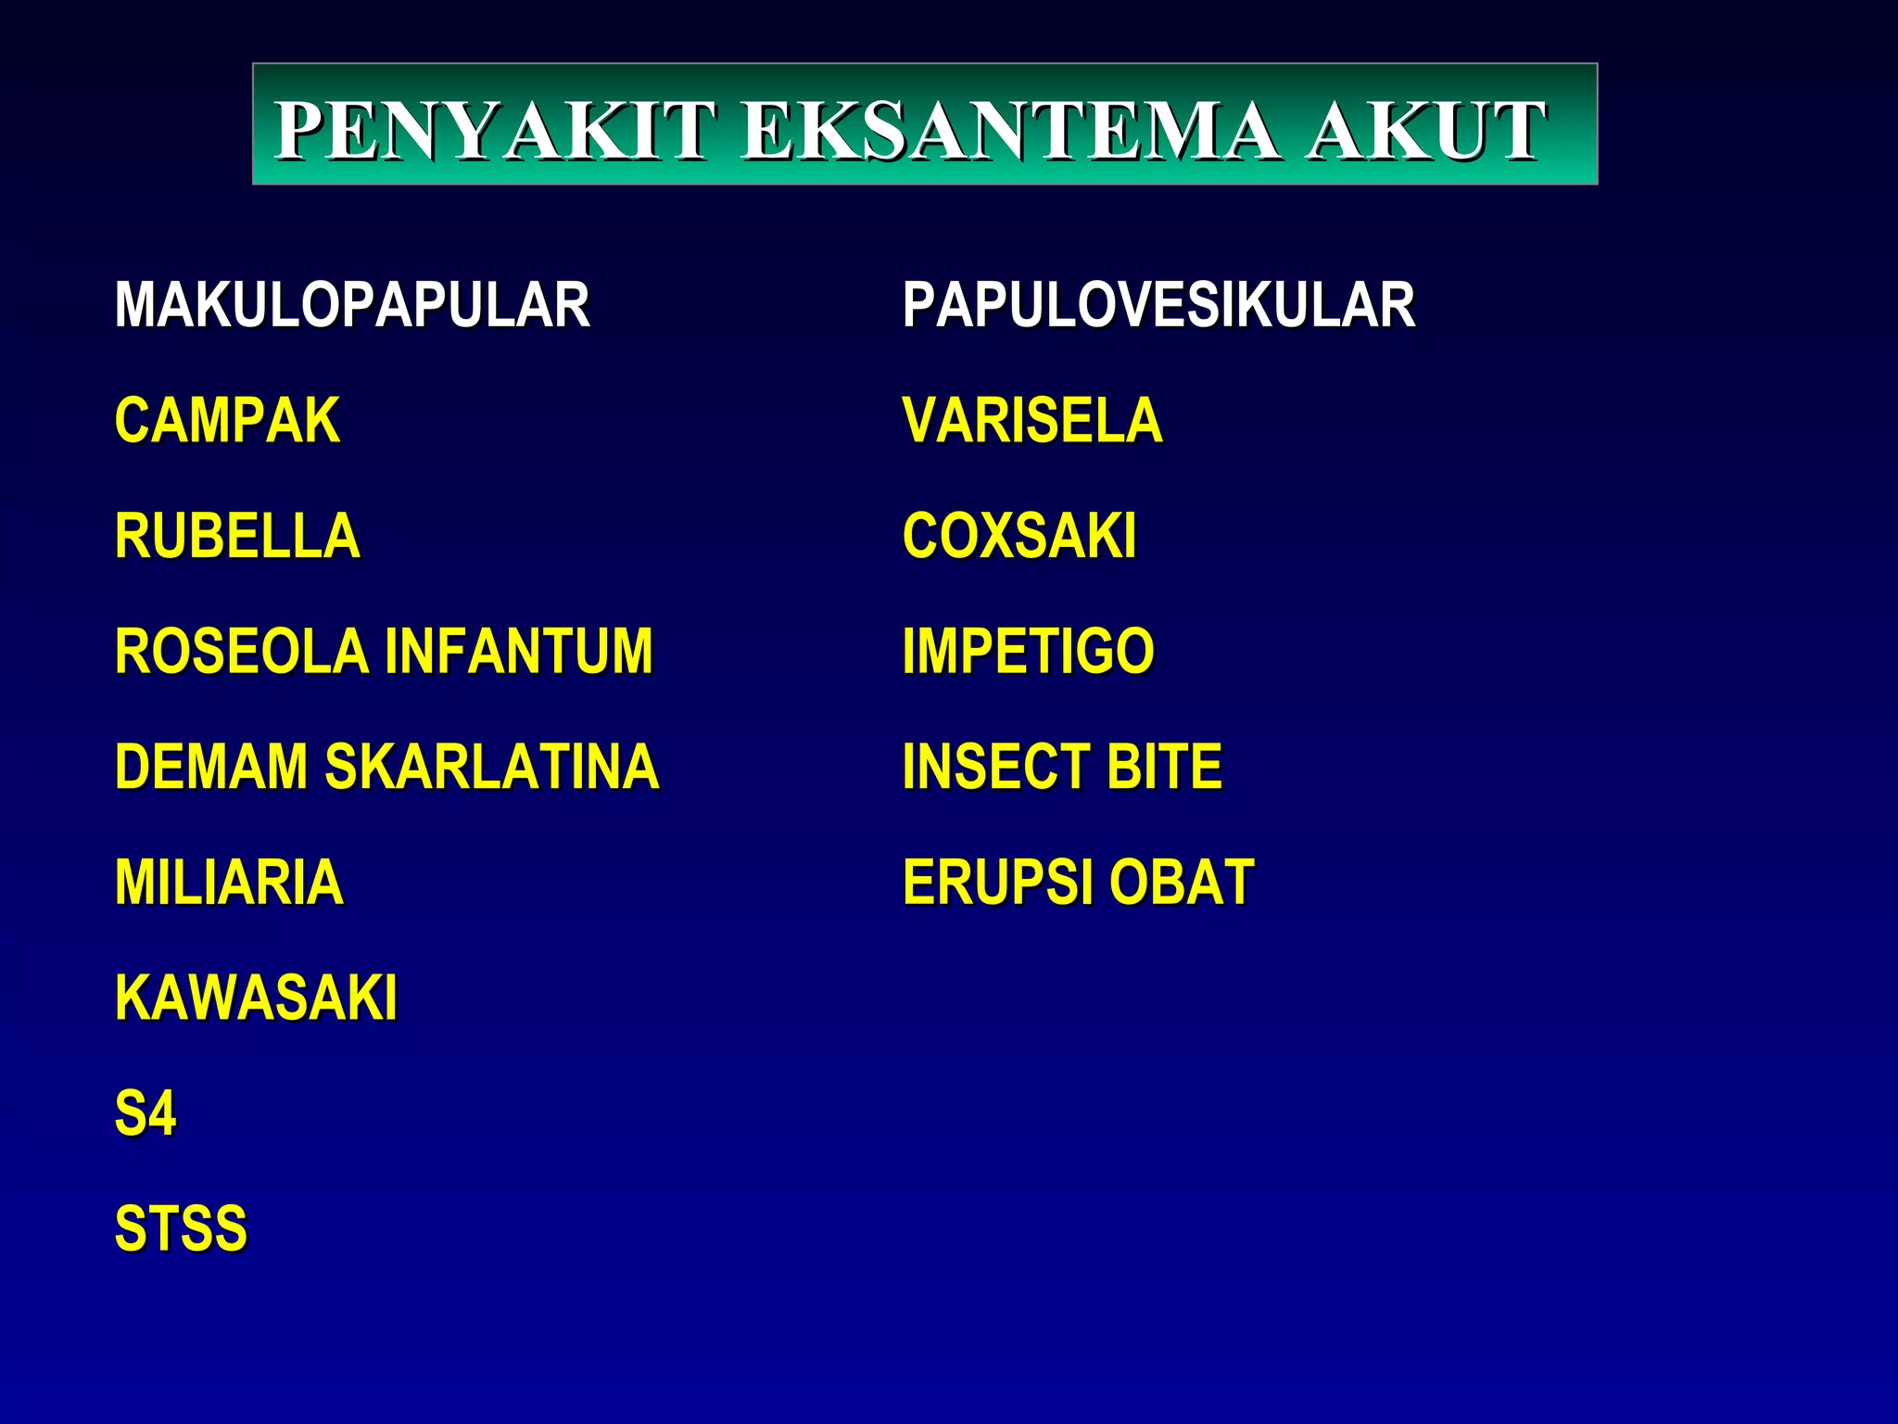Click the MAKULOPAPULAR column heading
click(352, 305)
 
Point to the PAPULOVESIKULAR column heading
click(1158, 305)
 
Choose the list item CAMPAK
click(227, 421)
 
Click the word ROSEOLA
click(241, 651)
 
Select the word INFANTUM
click(519, 651)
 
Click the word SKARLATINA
click(491, 767)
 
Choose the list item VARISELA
click(1032, 421)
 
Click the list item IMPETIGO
click(1029, 651)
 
